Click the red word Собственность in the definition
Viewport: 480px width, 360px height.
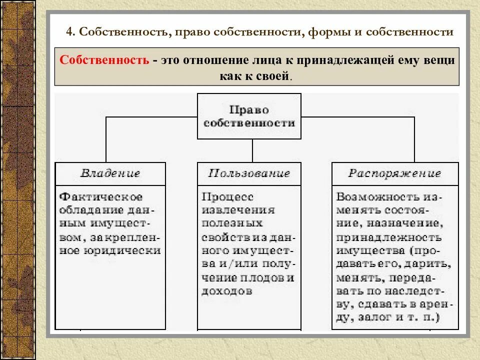pyautogui.click(x=104, y=60)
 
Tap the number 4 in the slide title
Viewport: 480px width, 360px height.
pyautogui.click(x=69, y=32)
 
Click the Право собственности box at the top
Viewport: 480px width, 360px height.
pyautogui.click(x=249, y=116)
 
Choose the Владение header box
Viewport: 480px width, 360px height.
pyautogui.click(x=110, y=173)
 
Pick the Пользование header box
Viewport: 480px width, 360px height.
pyautogui.click(x=249, y=173)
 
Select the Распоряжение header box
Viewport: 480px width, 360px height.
pyautogui.click(x=394, y=173)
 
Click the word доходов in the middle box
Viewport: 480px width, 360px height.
pyautogui.click(x=226, y=291)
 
